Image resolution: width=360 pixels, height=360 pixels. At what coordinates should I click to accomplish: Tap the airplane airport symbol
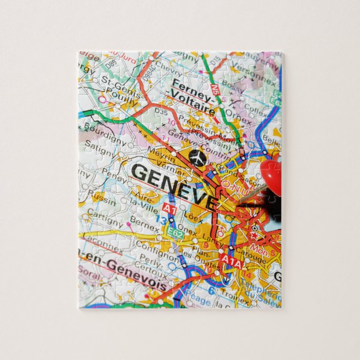pyautogui.click(x=197, y=158)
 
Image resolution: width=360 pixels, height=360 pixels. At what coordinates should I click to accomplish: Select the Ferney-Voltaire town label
pyautogui.click(x=192, y=98)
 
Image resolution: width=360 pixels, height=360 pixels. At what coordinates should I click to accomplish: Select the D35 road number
pyautogui.click(x=161, y=112)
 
